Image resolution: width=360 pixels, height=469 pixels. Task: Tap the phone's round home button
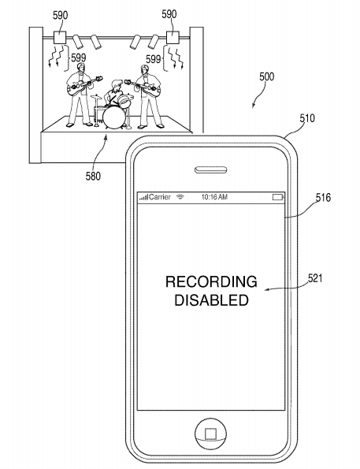tap(211, 433)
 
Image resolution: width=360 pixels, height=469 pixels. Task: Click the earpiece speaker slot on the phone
tap(211, 169)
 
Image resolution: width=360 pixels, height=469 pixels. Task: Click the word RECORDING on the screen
tap(211, 281)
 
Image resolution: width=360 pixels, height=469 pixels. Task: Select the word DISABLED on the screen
tap(211, 300)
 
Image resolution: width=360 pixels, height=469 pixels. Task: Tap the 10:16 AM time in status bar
tap(214, 197)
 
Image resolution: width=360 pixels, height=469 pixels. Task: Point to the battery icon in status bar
tap(278, 197)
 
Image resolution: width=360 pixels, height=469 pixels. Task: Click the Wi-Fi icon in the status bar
tap(180, 197)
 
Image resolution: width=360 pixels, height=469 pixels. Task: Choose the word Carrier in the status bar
tap(160, 197)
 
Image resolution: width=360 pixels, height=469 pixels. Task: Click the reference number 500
tap(266, 77)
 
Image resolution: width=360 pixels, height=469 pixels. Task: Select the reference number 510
tap(307, 118)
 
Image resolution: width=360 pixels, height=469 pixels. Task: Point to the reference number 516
tap(323, 198)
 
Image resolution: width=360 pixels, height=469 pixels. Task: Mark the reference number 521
tap(315, 278)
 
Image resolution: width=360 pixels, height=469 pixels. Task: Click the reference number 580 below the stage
tap(93, 177)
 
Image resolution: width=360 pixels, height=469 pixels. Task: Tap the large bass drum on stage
tap(113, 118)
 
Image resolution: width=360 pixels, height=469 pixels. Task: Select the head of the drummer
tap(117, 84)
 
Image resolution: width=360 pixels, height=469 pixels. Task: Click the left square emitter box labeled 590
tap(60, 38)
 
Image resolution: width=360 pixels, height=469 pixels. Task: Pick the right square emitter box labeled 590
tap(173, 38)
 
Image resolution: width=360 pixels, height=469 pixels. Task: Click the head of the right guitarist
tap(144, 69)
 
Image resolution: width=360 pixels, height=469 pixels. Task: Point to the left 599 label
tap(78, 58)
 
